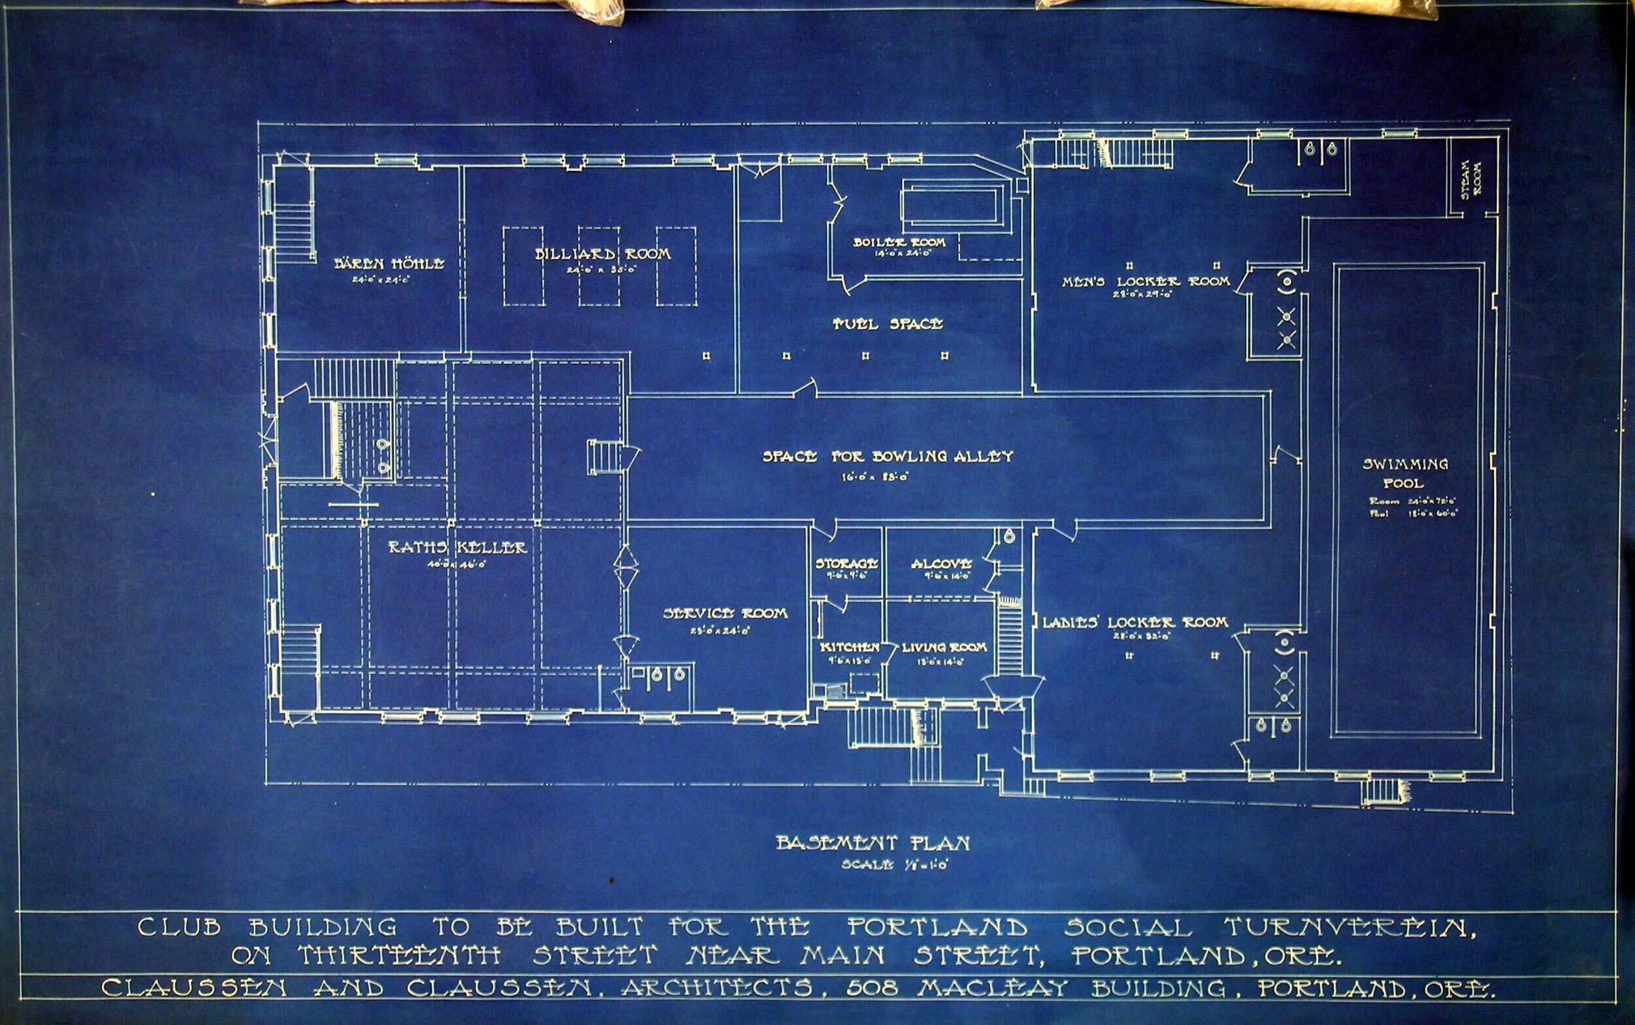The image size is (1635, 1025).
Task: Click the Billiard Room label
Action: pyautogui.click(x=602, y=255)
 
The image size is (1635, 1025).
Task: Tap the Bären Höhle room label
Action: pyautogui.click(x=389, y=264)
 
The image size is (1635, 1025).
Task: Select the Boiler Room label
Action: pyautogui.click(x=899, y=242)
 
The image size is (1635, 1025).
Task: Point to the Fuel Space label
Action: pyautogui.click(x=888, y=324)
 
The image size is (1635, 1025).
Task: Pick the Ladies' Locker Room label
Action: pyautogui.click(x=1135, y=622)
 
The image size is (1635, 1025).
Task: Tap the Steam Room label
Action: pyautogui.click(x=1472, y=178)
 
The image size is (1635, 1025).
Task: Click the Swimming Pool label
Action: pyautogui.click(x=1405, y=473)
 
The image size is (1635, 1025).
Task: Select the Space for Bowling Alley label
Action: pyautogui.click(x=888, y=457)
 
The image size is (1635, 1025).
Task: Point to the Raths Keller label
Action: pyautogui.click(x=457, y=547)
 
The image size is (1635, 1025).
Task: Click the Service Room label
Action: pyautogui.click(x=725, y=614)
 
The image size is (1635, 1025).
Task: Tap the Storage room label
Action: pyautogui.click(x=846, y=564)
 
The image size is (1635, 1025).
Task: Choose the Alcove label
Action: pyautogui.click(x=941, y=564)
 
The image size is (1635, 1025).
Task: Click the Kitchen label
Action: pyautogui.click(x=850, y=647)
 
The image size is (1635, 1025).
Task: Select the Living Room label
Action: pyautogui.click(x=944, y=647)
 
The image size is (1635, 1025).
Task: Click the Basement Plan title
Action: pyautogui.click(x=873, y=843)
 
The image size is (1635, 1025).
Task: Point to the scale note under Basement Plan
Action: pyautogui.click(x=895, y=865)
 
